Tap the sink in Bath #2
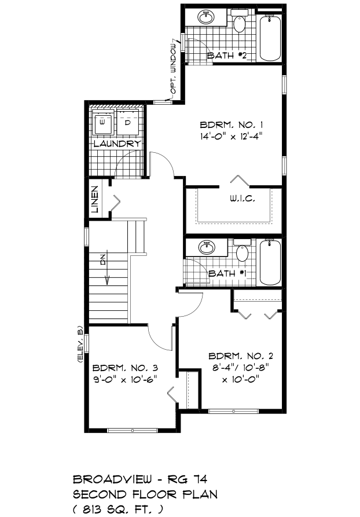click(207, 17)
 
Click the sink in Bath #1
click(207, 247)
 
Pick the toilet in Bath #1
click(243, 251)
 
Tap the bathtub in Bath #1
click(270, 262)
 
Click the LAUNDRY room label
click(117, 144)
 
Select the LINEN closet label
click(95, 199)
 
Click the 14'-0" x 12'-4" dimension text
click(233, 136)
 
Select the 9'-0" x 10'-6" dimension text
click(124, 379)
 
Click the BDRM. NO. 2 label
click(241, 356)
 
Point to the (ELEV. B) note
click(80, 344)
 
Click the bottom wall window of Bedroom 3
click(133, 430)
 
